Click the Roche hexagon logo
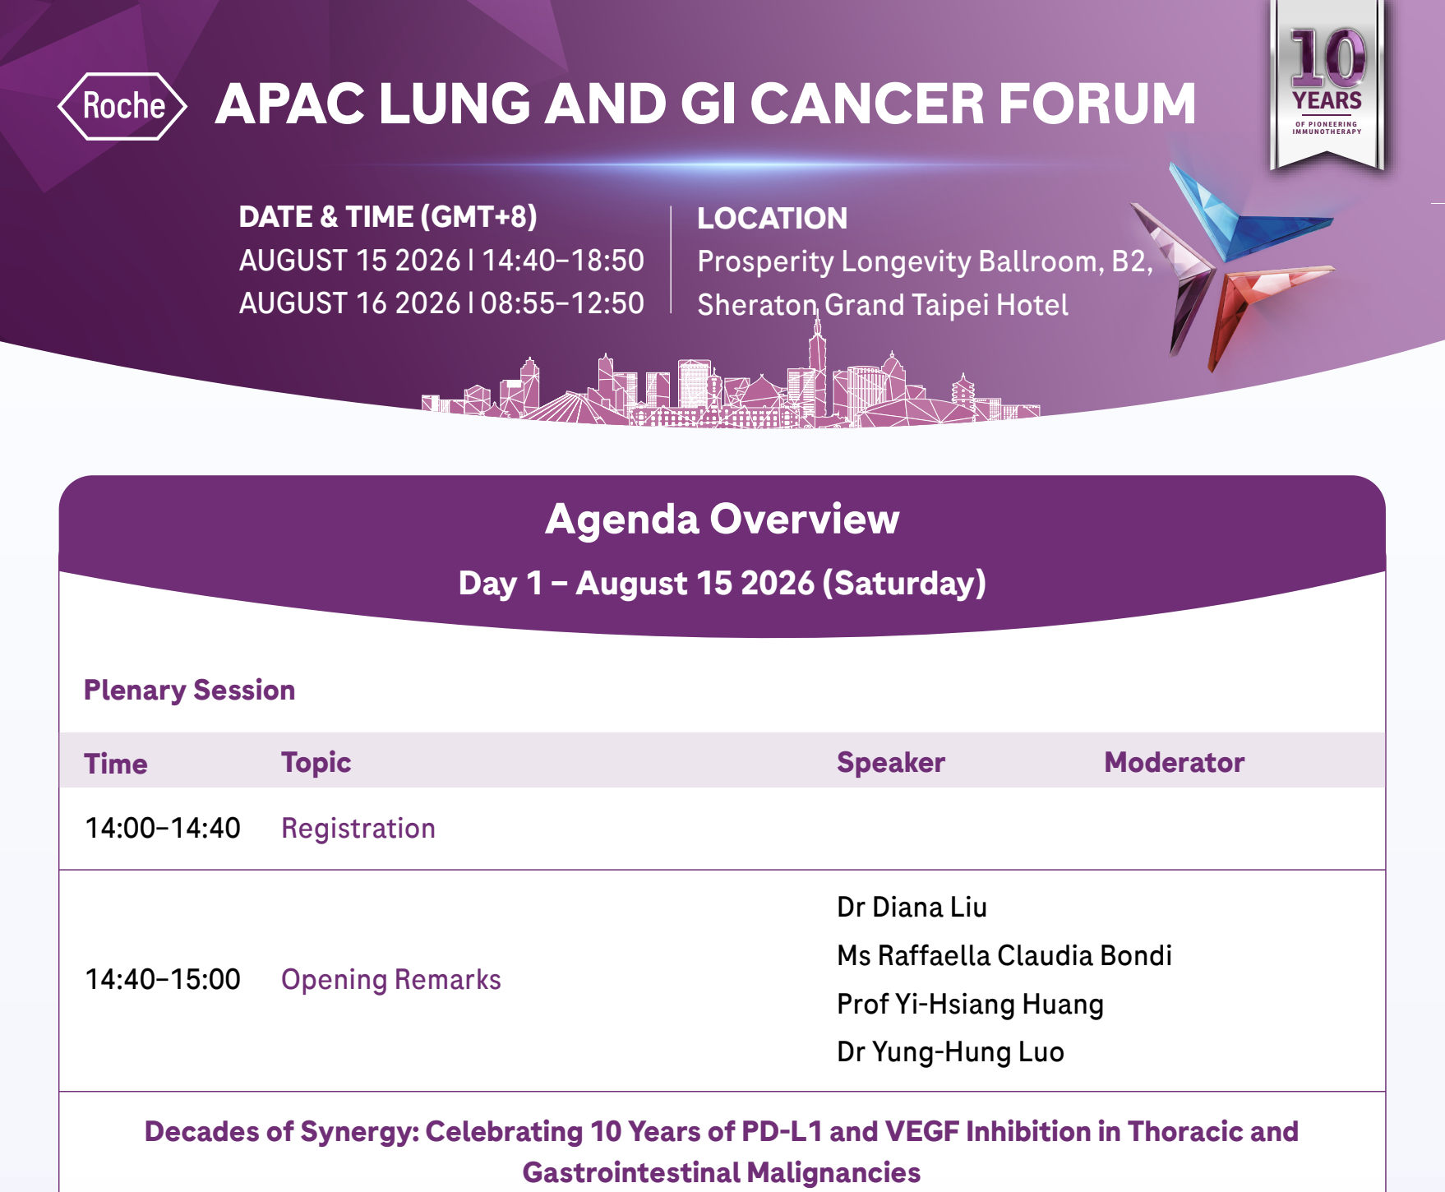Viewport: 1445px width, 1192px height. coord(122,106)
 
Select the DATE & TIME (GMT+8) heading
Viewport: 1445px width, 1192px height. coord(388,217)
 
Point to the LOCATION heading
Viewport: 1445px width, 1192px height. coord(772,219)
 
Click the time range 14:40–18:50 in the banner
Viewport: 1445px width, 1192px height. coord(563,261)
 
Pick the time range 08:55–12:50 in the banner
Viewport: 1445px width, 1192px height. coord(563,303)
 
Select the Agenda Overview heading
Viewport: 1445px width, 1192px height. coord(722,520)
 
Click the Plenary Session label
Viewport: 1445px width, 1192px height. coord(189,690)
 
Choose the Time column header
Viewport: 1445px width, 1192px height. coord(116,764)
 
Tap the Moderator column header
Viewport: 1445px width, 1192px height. coord(1174,762)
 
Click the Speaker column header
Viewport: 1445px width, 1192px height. coord(891,762)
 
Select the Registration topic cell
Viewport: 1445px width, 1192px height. coord(358,829)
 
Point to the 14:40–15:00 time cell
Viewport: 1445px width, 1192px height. coord(163,979)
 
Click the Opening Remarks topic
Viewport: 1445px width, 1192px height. coord(391,980)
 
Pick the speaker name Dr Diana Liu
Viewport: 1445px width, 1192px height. coord(912,908)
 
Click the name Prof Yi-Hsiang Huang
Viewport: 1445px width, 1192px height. coord(970,1005)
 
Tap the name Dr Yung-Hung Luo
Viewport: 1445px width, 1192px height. coord(950,1052)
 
